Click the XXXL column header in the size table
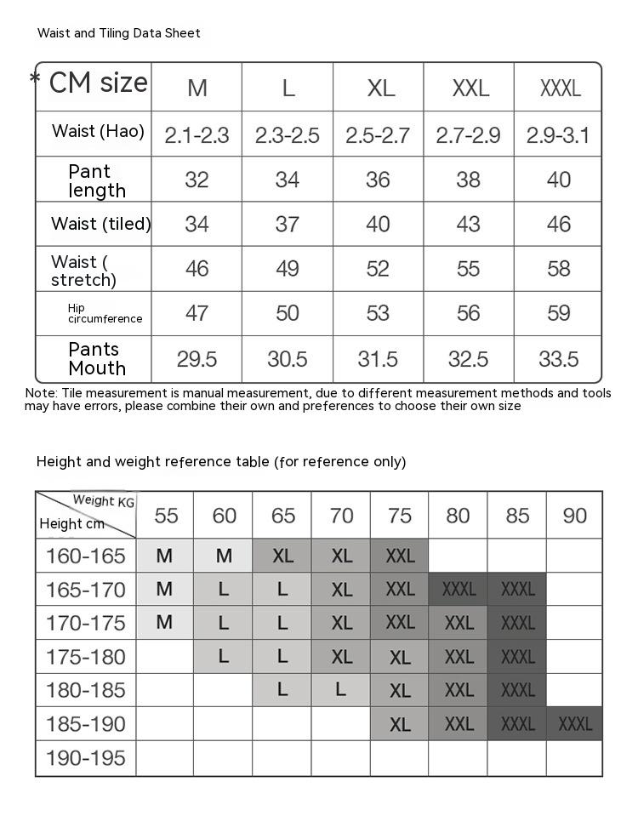tap(560, 88)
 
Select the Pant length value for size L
tap(288, 180)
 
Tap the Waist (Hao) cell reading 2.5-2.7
tap(378, 134)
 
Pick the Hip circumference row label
tap(105, 313)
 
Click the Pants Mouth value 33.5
tap(559, 359)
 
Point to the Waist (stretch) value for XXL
tap(469, 269)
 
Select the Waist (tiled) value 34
tap(197, 224)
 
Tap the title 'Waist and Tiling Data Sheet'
tap(119, 33)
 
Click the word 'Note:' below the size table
tap(41, 393)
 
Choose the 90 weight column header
tap(575, 516)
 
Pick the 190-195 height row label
tap(85, 757)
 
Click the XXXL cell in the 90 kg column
tap(575, 724)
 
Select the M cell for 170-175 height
tap(165, 623)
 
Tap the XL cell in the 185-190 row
tap(400, 724)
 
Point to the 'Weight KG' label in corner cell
tap(104, 501)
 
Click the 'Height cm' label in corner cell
tap(71, 523)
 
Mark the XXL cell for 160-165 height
tap(400, 556)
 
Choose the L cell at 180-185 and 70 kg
tap(341, 690)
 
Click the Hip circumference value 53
tap(378, 313)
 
